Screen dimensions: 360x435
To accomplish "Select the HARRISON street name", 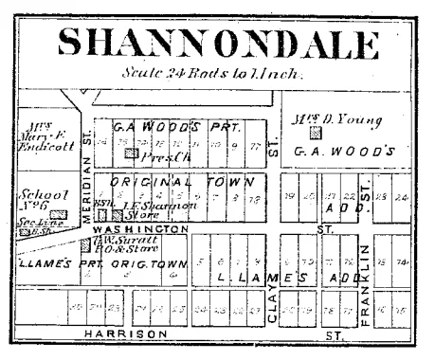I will tap(127, 334).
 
